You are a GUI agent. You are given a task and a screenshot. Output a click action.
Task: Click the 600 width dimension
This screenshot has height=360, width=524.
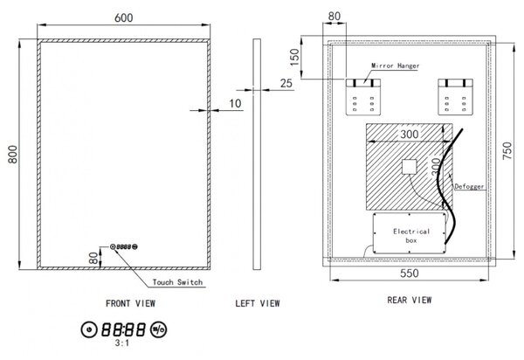tap(123, 17)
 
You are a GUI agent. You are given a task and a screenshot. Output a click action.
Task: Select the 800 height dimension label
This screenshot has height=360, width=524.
tap(13, 154)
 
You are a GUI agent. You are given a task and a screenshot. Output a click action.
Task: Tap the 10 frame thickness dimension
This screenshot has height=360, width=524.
tap(235, 104)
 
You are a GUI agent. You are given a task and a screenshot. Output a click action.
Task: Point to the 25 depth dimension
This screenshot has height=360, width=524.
tap(286, 83)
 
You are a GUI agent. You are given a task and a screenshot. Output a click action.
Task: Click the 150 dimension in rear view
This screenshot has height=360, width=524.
tap(295, 57)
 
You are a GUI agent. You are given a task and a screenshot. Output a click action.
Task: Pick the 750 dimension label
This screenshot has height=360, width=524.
tap(507, 150)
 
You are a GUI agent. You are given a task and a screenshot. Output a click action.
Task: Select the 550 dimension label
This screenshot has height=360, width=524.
tap(409, 273)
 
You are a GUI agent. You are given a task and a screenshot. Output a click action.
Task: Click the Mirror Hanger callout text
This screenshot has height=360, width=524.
tap(395, 66)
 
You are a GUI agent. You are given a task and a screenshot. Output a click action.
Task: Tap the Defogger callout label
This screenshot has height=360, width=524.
tap(469, 186)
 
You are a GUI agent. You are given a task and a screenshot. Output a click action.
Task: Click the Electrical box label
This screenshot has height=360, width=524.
tap(411, 236)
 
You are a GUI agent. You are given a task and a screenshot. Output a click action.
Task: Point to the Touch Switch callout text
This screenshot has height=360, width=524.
tap(177, 282)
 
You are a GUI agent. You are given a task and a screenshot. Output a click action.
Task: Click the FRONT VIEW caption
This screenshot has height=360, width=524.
tap(130, 303)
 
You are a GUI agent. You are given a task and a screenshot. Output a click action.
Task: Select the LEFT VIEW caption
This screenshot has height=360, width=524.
tap(258, 303)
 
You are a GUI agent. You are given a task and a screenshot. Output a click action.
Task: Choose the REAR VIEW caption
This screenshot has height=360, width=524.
tap(409, 300)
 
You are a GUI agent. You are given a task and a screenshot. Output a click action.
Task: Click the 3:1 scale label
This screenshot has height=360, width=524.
tap(122, 343)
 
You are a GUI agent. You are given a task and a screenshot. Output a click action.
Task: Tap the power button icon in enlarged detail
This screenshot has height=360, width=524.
tap(89, 329)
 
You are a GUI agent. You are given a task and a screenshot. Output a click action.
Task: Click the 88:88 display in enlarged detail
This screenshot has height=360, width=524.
tap(124, 329)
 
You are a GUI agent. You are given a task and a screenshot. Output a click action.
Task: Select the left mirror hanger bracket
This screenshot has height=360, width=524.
tap(363, 97)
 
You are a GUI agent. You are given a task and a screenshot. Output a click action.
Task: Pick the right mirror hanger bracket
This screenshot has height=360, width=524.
tap(456, 97)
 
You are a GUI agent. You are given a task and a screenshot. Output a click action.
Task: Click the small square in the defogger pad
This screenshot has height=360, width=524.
tap(410, 167)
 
